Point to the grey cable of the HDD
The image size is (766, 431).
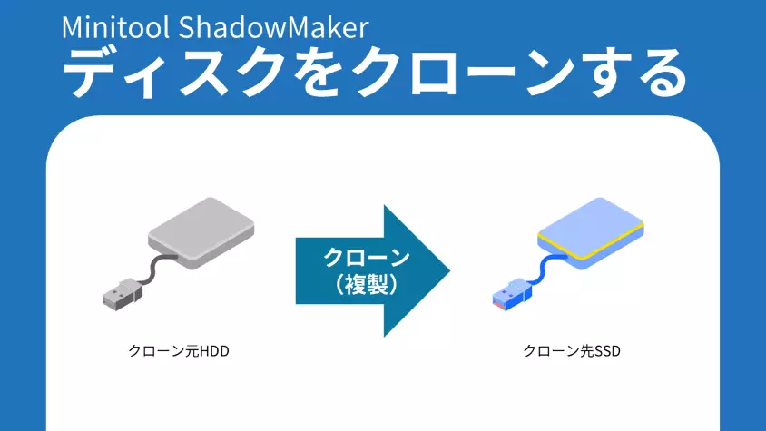[154, 267]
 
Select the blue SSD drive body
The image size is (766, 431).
[590, 227]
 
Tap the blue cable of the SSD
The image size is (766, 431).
[545, 267]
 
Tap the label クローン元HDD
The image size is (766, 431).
[179, 350]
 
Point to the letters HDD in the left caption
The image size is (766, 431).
[214, 350]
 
